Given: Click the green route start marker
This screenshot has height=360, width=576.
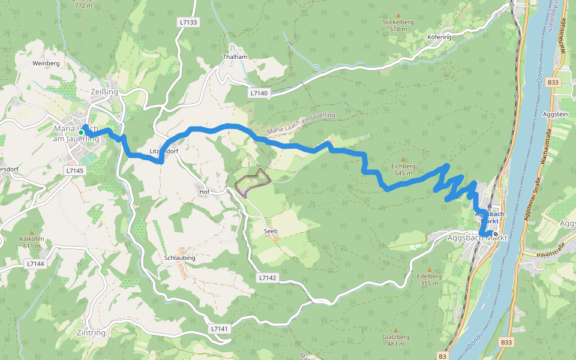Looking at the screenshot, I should (x=81, y=132).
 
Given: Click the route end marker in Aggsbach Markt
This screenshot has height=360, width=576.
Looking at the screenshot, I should (x=496, y=234).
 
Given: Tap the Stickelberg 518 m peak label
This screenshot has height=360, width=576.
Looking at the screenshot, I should (x=399, y=25).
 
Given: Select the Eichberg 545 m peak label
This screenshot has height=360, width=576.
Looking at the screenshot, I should (x=403, y=169).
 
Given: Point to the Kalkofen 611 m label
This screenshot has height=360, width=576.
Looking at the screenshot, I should (x=32, y=242).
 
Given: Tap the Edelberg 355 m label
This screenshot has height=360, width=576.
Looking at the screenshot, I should (x=429, y=279).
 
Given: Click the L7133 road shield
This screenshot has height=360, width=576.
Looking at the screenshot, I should (x=188, y=22).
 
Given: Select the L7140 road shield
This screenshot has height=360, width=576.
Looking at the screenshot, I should (x=259, y=94).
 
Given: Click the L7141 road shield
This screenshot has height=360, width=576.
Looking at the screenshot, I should (x=220, y=329).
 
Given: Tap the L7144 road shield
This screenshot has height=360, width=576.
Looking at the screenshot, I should (x=35, y=263).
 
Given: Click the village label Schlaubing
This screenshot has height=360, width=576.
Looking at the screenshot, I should (x=179, y=257).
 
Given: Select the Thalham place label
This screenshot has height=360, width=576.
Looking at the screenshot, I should (x=235, y=56).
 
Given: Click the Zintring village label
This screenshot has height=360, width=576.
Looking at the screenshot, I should (x=91, y=332).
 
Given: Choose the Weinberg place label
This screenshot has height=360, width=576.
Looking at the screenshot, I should (x=46, y=63).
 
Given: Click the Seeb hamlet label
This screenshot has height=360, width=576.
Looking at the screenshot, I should (x=271, y=231).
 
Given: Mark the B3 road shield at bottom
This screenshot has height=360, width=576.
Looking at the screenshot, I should (x=443, y=355).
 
